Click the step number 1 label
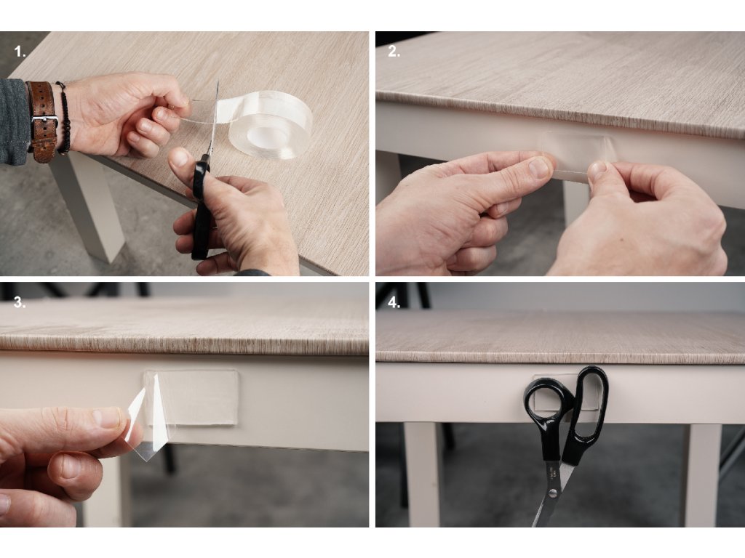pyautogui.click(x=20, y=52)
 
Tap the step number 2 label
pyautogui.click(x=394, y=52)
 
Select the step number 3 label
pyautogui.click(x=20, y=303)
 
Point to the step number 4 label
pyautogui.click(x=394, y=303)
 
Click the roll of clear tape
pyautogui.click(x=266, y=124)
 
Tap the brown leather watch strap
pyautogui.click(x=41, y=122)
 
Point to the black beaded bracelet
pyautogui.click(x=64, y=118)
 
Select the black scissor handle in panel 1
pyautogui.click(x=201, y=209)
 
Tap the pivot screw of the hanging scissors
pyautogui.click(x=552, y=493)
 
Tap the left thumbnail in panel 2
pyautogui.click(x=539, y=168)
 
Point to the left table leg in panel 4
pyautogui.click(x=422, y=474)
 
